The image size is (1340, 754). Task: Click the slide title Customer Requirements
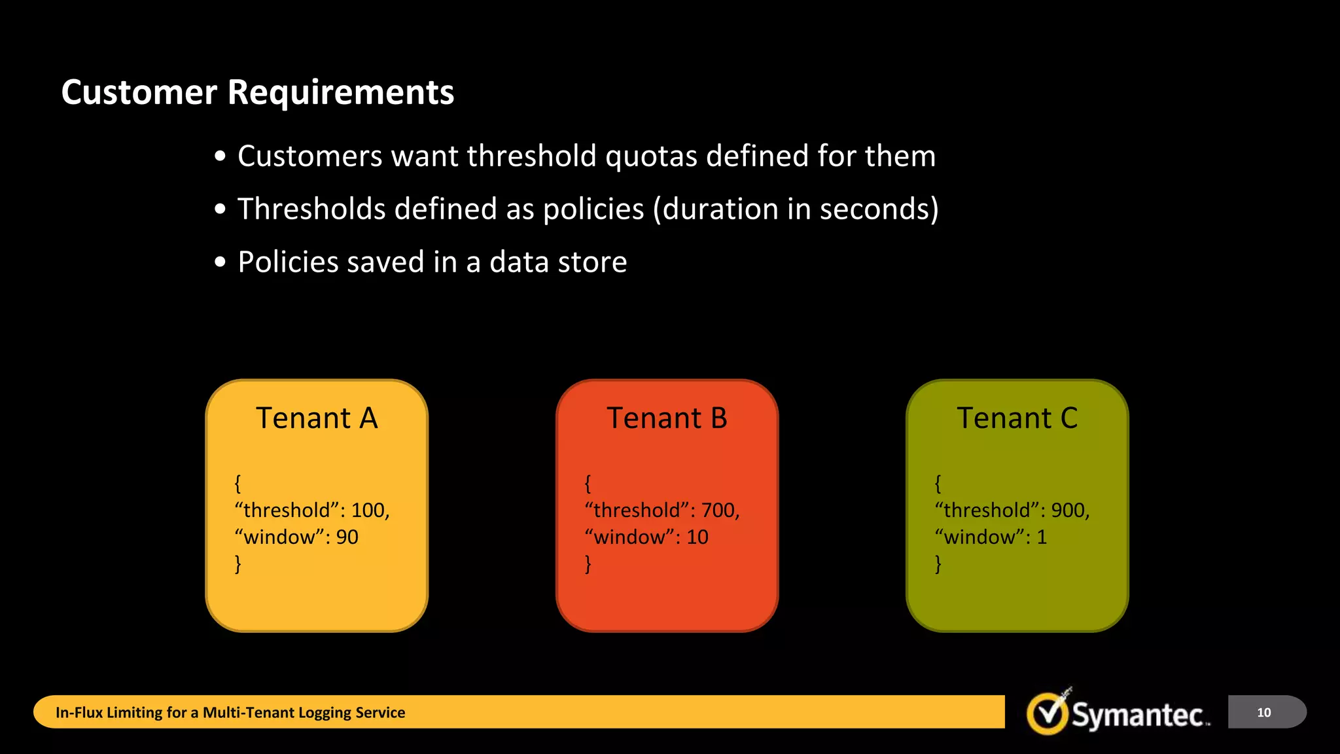(257, 92)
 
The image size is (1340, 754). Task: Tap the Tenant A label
(317, 418)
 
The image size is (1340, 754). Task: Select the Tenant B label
(667, 418)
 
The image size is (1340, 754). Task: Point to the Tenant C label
(1017, 418)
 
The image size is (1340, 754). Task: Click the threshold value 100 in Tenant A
(369, 511)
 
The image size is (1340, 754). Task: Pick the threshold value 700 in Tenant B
(719, 511)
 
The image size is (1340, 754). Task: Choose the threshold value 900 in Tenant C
(1069, 511)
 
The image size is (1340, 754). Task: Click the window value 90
(347, 537)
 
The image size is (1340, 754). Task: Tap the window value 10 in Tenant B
(697, 537)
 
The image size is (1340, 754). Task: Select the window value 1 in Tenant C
(1042, 537)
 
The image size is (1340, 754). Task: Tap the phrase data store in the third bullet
(558, 262)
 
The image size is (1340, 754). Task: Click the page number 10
(1263, 713)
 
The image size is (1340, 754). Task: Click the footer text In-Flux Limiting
(121, 713)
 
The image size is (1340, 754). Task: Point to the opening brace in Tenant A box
(238, 484)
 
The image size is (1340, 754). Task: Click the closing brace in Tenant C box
(938, 564)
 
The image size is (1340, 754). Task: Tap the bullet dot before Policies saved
(220, 262)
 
